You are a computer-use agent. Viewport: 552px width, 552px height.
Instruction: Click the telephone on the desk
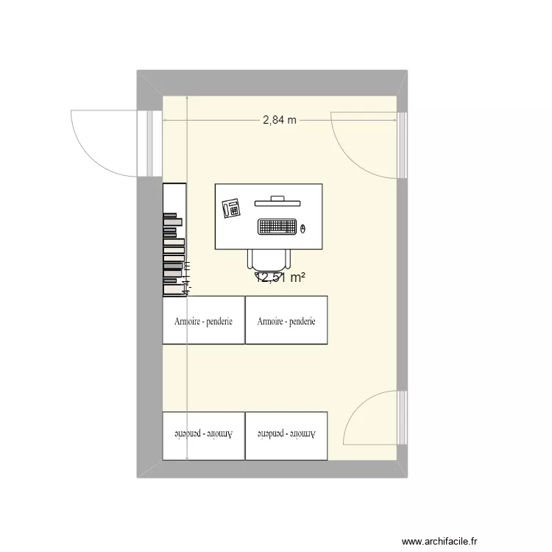tap(232, 209)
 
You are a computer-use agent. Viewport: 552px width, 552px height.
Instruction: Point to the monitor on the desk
tap(277, 200)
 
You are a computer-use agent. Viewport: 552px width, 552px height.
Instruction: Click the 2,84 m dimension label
tap(280, 120)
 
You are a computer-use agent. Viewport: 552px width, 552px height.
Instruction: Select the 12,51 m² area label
tap(281, 277)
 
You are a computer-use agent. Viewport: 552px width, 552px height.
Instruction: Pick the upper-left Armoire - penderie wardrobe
tap(203, 319)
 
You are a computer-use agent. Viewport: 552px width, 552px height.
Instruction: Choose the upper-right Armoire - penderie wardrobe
tap(286, 319)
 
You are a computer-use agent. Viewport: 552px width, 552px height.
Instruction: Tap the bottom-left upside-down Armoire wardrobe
tap(203, 436)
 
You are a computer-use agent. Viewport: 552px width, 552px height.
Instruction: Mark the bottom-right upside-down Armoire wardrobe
tap(286, 436)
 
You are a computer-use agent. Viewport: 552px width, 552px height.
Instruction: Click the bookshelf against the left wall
tap(174, 239)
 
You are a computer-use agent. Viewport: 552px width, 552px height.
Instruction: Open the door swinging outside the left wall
tap(103, 144)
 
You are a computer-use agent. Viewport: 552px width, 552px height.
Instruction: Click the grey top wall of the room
tap(272, 82)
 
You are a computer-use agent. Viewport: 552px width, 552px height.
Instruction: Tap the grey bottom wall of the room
tap(272, 470)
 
